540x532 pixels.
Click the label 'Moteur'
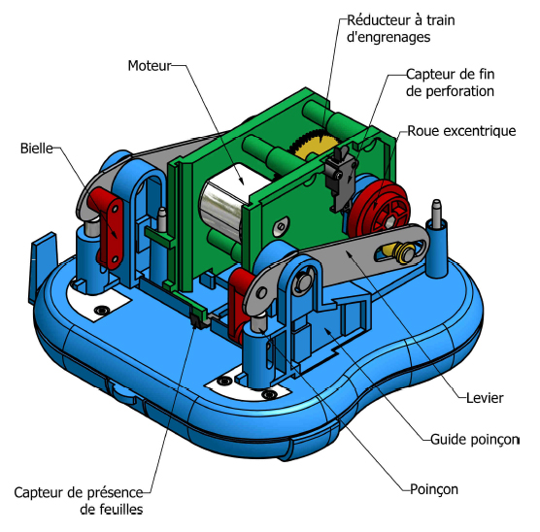150,65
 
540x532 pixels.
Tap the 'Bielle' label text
37,149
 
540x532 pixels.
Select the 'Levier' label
485,398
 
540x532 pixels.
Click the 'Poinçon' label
434,489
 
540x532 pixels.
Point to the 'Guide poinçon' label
475,440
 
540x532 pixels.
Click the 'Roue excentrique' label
461,131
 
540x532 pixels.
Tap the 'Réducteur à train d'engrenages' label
400,28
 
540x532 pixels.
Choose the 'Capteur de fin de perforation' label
450,83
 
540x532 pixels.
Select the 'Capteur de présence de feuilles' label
79,501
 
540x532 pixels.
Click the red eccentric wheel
379,210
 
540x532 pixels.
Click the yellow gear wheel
312,146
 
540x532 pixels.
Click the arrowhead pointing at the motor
242,181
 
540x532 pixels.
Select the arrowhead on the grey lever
349,253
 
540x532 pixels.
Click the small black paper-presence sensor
197,322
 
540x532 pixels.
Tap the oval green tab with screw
281,226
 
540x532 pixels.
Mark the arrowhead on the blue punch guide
327,331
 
